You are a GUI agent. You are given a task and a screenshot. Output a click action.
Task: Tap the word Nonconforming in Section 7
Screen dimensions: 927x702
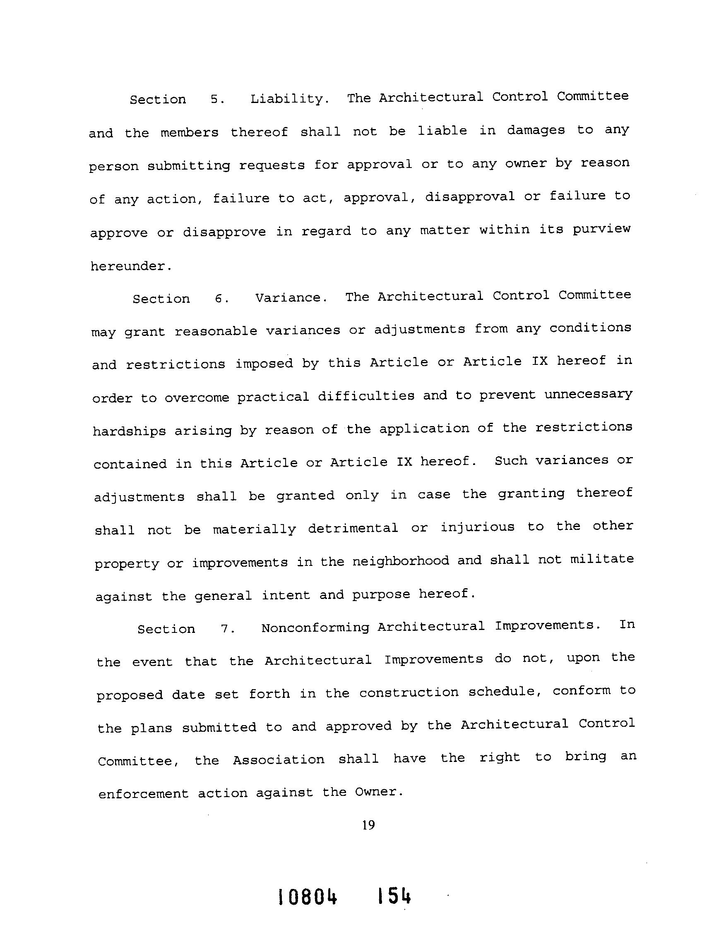click(x=315, y=628)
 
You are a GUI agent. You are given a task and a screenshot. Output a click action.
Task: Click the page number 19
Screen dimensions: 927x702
click(x=368, y=825)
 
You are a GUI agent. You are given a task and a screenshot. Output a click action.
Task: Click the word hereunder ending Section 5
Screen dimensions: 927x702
click(x=131, y=266)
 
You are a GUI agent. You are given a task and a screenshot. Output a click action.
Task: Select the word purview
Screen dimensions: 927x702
click(x=602, y=229)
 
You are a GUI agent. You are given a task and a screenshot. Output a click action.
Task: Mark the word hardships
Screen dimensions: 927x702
click(x=129, y=431)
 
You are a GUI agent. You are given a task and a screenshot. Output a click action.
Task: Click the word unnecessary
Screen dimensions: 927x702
click(x=588, y=395)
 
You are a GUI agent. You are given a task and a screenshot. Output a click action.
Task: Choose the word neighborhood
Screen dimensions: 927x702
click(x=401, y=561)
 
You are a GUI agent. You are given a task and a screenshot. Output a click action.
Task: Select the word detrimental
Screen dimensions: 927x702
click(x=353, y=528)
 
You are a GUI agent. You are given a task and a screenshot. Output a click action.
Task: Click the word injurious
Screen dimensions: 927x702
click(x=477, y=527)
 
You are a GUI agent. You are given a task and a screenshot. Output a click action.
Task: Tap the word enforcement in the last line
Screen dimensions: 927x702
click(x=143, y=794)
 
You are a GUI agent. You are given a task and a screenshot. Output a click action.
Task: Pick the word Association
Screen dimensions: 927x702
click(x=279, y=760)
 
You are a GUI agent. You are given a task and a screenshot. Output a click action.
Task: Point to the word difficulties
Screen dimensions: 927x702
click(x=365, y=396)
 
